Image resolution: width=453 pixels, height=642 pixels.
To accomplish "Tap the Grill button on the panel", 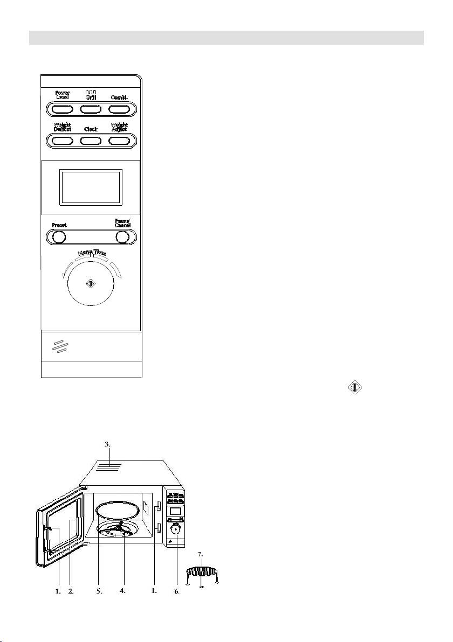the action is (x=91, y=109).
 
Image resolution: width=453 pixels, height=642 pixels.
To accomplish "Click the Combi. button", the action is (x=120, y=109).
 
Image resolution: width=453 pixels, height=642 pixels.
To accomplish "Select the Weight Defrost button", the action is (x=62, y=141).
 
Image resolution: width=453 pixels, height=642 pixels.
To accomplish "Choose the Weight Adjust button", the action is (x=120, y=141).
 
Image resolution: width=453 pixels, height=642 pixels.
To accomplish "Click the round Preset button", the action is (x=59, y=237).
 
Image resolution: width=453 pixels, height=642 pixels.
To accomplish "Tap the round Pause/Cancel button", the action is (x=123, y=237).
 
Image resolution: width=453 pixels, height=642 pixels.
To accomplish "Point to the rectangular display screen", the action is (x=91, y=187).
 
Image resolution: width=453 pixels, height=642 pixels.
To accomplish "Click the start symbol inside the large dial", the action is (x=91, y=284).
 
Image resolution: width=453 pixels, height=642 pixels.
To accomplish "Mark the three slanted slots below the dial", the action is (x=60, y=347).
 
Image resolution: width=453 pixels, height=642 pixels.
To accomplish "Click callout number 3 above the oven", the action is (x=107, y=445).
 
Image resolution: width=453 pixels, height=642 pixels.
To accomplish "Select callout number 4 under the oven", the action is (x=123, y=591).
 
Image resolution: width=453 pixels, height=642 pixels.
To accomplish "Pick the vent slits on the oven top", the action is (x=109, y=466).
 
